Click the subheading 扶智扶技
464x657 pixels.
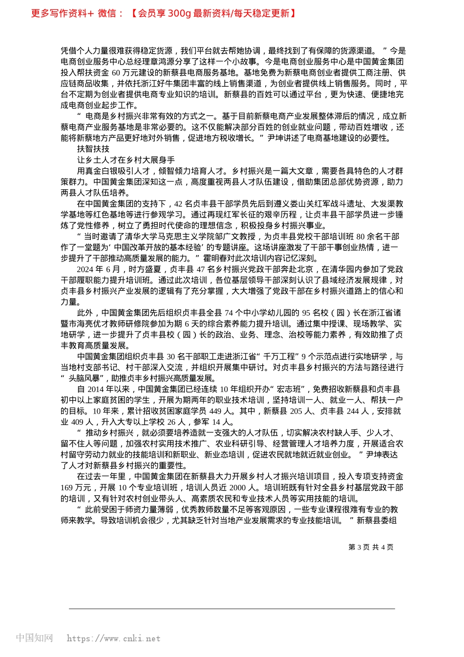coord(93,149)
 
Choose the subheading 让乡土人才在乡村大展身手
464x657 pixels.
coord(126,160)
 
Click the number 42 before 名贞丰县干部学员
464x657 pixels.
coord(178,204)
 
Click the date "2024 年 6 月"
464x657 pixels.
coord(98,269)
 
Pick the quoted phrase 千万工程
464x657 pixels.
coord(280,357)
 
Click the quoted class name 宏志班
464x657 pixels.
coord(290,390)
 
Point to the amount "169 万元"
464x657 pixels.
coord(76,488)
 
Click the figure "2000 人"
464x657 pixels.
coord(243,488)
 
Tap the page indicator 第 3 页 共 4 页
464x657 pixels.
coord(371,547)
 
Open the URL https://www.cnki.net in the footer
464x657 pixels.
coord(113,638)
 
